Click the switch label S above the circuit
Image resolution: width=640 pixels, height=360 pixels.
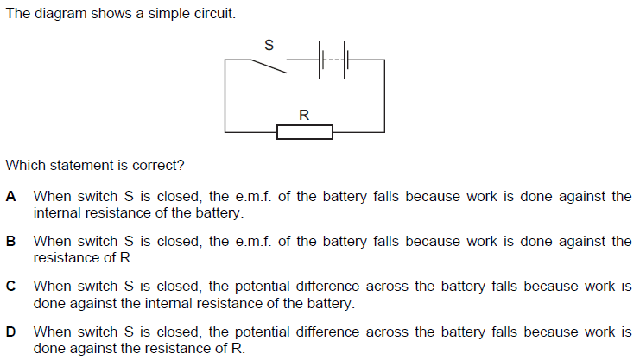[269, 46]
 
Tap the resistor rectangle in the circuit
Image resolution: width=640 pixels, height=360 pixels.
[304, 131]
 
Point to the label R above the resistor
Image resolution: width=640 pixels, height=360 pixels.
[304, 113]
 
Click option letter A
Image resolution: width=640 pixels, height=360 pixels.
[11, 197]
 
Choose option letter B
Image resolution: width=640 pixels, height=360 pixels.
[11, 242]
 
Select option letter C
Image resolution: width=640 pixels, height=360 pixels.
[11, 287]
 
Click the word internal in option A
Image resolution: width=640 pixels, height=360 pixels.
[56, 212]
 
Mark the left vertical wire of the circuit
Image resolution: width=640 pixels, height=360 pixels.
[225, 95]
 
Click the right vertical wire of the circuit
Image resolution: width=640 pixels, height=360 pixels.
[384, 95]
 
